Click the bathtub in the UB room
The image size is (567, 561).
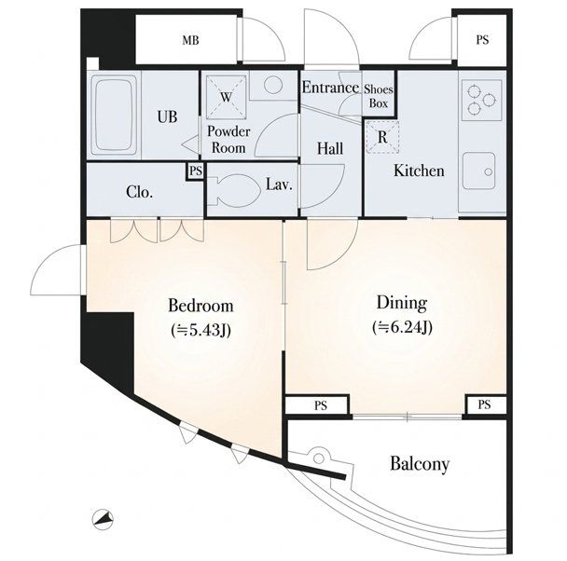(114, 115)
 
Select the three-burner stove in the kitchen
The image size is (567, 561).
(481, 100)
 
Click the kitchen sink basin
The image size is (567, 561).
(479, 171)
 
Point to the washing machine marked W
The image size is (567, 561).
(227, 96)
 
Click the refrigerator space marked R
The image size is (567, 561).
(382, 137)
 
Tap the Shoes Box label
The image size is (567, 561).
(379, 96)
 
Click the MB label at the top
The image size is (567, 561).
(190, 40)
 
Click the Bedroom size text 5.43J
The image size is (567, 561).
(201, 330)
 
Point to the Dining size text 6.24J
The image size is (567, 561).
(402, 327)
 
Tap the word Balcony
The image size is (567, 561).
(420, 464)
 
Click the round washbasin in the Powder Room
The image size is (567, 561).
(273, 85)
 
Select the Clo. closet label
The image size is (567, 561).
(140, 192)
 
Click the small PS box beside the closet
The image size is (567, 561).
(196, 171)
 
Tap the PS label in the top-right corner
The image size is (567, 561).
(482, 40)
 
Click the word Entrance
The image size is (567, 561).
(330, 88)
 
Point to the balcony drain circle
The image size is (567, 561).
(319, 458)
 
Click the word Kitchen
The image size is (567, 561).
(419, 171)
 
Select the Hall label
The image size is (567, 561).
(330, 148)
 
